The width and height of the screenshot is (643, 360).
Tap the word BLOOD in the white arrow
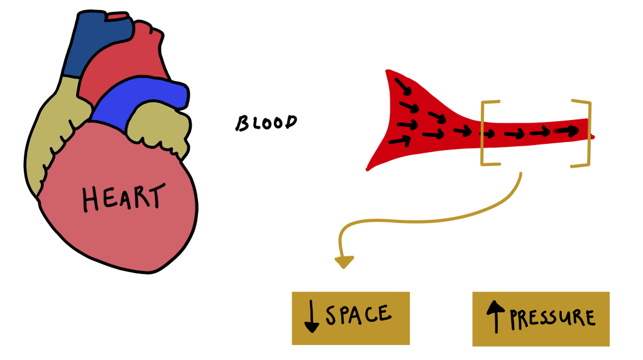tap(265, 123)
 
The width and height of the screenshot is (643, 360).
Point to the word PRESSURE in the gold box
tap(552, 318)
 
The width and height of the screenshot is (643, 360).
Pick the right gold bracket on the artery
tap(584, 133)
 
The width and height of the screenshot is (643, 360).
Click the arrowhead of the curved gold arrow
tap(344, 261)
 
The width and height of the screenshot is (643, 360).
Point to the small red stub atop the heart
tap(118, 16)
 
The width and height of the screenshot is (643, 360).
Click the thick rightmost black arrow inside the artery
tap(566, 131)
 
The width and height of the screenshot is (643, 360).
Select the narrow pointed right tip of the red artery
tap(591, 135)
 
